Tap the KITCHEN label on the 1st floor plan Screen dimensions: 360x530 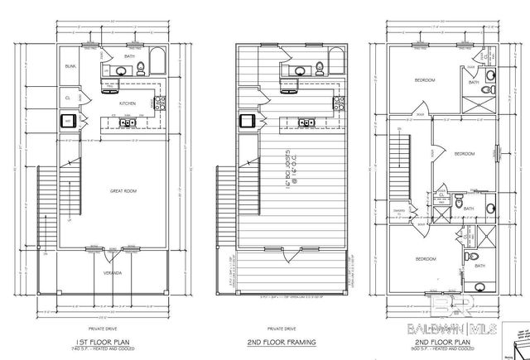[x=127, y=103]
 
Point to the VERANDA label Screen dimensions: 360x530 [x=113, y=272]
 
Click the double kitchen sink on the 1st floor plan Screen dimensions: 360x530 [x=127, y=123]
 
